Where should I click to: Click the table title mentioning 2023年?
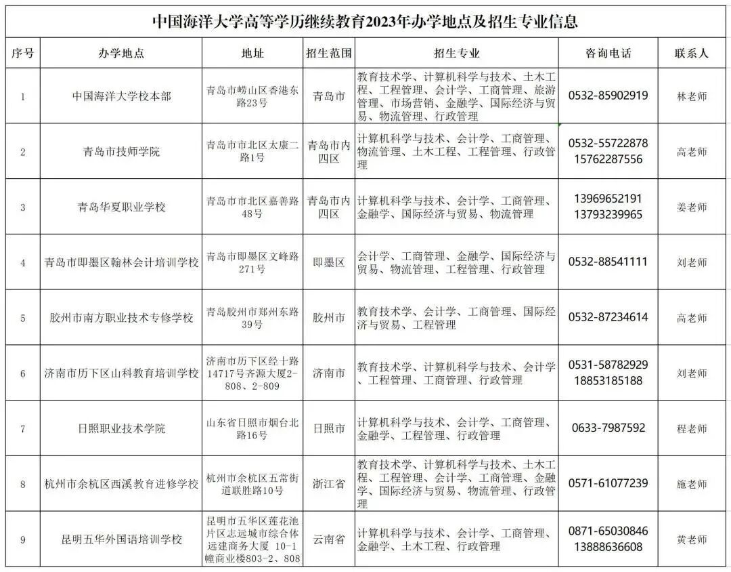pos(365,21)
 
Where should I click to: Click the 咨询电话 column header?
pos(608,54)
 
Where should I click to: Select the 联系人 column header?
pos(691,54)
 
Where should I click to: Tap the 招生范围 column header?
pos(329,54)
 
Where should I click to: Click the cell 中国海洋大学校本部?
pos(122,96)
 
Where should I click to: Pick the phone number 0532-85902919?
pos(608,96)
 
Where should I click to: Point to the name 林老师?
pos(691,96)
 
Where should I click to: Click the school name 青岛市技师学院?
pos(122,152)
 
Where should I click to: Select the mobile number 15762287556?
pos(608,159)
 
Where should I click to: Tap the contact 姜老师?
pos(691,207)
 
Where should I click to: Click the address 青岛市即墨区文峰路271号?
pos(252,263)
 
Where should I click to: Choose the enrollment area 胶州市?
pos(329,318)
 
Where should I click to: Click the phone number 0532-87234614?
pos(608,317)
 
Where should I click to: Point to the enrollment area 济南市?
pos(329,373)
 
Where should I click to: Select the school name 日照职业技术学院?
pos(122,429)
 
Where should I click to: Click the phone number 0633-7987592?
pos(608,428)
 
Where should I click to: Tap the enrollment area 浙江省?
pos(329,484)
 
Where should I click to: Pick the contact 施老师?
pos(691,484)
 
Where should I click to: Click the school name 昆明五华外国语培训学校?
pos(122,540)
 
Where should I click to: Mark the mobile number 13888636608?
pos(608,547)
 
